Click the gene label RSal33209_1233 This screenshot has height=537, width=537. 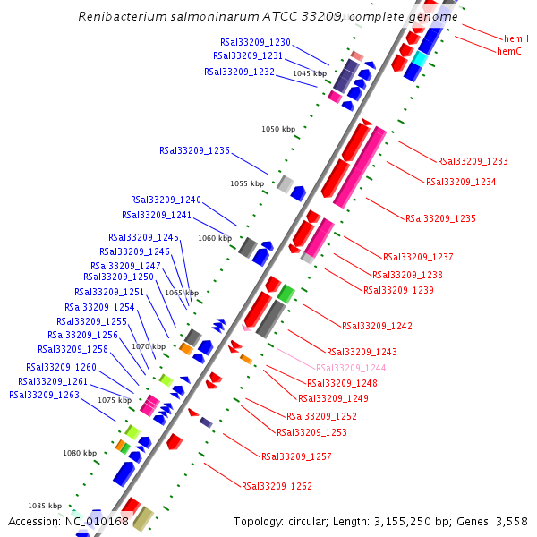click(x=473, y=162)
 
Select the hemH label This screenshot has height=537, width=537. click(x=516, y=39)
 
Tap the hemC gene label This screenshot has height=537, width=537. click(x=509, y=52)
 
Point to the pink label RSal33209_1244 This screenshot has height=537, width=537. click(x=351, y=369)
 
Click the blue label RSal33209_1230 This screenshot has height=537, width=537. click(x=255, y=42)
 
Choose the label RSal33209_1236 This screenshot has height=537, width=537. click(x=194, y=151)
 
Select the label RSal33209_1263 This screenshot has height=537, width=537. click(x=44, y=395)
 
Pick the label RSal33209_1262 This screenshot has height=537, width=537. click(x=277, y=487)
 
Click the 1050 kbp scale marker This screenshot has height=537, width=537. click(x=278, y=130)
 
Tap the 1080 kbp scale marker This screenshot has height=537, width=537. click(x=79, y=454)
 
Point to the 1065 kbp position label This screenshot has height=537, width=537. click(x=182, y=293)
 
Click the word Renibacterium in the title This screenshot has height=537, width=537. click(x=119, y=17)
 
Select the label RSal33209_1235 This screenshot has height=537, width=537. click(x=440, y=218)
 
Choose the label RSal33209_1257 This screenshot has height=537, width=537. click(x=296, y=457)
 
